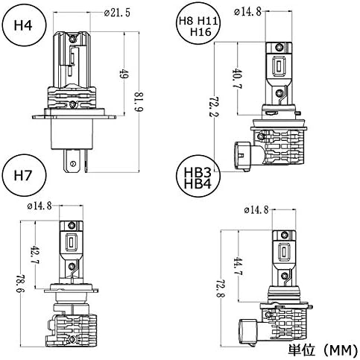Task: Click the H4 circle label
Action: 24,25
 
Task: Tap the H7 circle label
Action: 24,176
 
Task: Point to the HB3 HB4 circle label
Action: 198,177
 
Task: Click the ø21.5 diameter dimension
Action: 117,13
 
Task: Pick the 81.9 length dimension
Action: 138,102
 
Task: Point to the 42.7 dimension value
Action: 35,255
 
